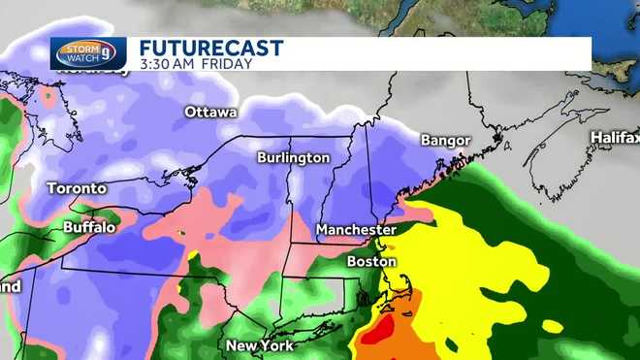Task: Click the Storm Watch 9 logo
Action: tap(88, 53)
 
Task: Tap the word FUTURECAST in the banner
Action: tap(210, 48)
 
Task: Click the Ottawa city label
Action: tap(210, 113)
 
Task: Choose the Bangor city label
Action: tap(445, 142)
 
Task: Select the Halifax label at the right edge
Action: tap(615, 138)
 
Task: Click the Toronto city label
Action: tap(77, 188)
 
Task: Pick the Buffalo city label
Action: tap(89, 227)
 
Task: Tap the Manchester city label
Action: tap(356, 231)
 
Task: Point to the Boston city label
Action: tap(371, 262)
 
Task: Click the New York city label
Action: tap(259, 345)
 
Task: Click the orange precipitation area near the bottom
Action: tap(407, 340)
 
